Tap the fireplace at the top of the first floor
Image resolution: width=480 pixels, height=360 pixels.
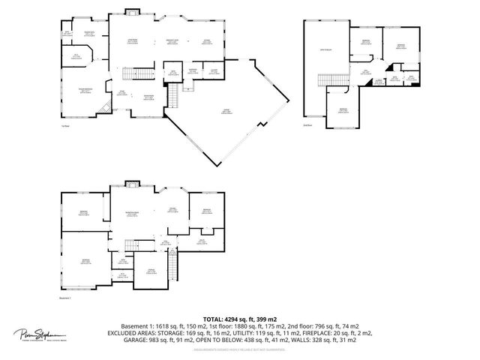pos(132,11)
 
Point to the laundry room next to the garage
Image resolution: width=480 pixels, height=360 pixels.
pos(214,71)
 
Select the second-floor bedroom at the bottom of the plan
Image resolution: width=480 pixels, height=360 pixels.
pos(343,110)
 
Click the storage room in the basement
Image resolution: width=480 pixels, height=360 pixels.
pos(151,270)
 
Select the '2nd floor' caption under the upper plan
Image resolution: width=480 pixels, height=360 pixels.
pos(307,126)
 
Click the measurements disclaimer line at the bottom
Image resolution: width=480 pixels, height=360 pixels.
pos(240,349)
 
